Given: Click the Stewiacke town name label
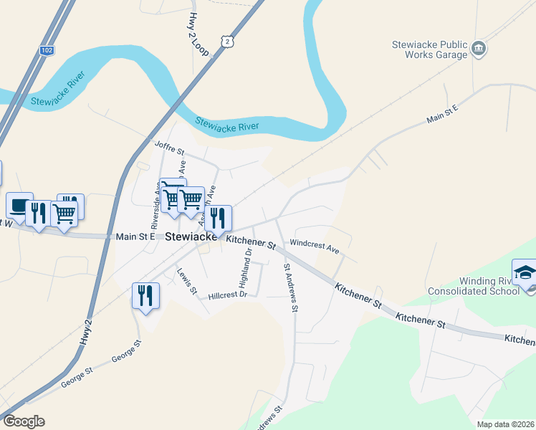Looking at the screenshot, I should point(191,236).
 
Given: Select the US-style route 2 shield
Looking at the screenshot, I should point(227,42).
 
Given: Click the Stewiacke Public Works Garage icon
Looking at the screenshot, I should point(479,49).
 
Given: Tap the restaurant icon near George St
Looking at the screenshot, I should point(145,295).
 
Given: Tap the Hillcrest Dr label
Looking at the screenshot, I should point(227,295).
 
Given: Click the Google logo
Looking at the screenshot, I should point(23,421).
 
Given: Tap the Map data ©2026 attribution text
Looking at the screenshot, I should point(505,424).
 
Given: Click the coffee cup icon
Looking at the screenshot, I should point(19,205).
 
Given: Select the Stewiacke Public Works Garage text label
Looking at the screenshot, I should point(429,49).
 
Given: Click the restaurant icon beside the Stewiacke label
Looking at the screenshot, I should point(218,217).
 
